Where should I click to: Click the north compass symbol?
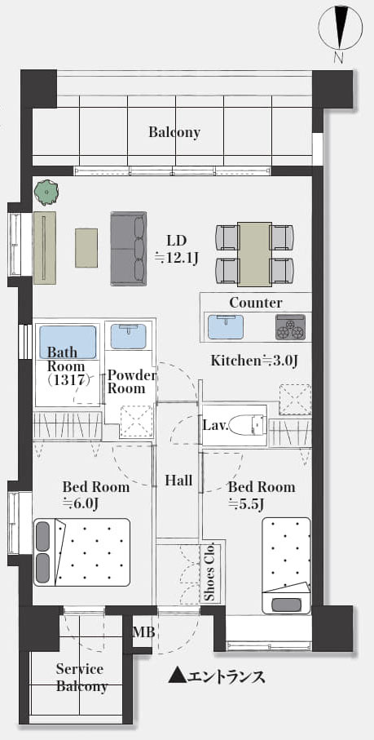click(x=341, y=28)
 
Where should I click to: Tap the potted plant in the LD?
click(x=46, y=193)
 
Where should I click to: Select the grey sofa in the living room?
click(x=129, y=248)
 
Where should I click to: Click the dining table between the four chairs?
click(x=254, y=254)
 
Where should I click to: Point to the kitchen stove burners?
click(x=290, y=326)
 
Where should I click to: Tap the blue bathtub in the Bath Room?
click(x=68, y=341)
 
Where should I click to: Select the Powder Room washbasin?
click(x=128, y=336)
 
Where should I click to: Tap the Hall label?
click(x=178, y=481)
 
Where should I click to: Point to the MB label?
click(x=143, y=632)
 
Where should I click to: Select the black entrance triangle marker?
click(x=177, y=676)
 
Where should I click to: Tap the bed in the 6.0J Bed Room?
click(x=81, y=552)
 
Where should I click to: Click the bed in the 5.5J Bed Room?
click(x=286, y=565)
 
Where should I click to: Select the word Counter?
click(x=256, y=303)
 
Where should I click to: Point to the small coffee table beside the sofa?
click(x=86, y=248)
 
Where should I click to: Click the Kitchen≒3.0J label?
click(x=254, y=361)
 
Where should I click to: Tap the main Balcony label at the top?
click(x=174, y=132)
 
